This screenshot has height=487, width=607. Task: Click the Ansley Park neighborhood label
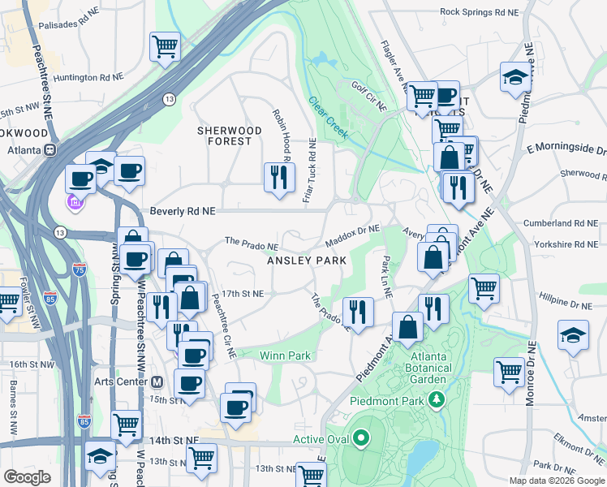tap(308, 261)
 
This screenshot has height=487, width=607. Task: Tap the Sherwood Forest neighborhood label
tap(230, 136)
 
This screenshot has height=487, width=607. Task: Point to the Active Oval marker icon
tap(361, 440)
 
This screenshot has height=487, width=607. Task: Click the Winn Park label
tap(285, 356)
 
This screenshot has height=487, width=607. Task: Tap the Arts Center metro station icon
tap(157, 381)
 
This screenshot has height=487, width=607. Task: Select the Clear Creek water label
tap(328, 116)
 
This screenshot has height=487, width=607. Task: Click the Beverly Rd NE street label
tap(183, 210)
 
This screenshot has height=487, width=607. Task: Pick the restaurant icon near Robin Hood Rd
tap(279, 176)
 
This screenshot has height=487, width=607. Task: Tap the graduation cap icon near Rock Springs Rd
tap(515, 76)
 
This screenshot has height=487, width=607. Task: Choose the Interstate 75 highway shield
tap(79, 269)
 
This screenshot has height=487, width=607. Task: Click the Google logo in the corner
tap(28, 477)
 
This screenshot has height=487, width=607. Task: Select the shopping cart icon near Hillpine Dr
tap(484, 287)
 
